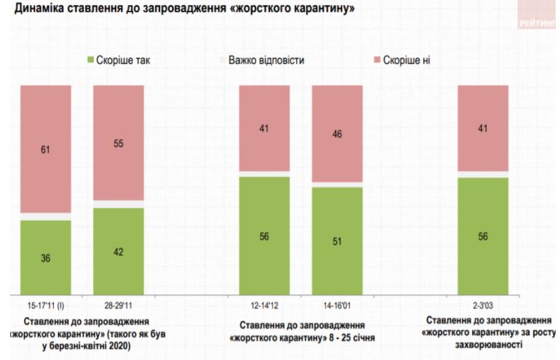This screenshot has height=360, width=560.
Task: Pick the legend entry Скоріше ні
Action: [400, 60]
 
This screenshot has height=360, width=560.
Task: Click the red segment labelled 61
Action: [45, 149]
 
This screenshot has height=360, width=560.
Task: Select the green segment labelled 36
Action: [45, 257]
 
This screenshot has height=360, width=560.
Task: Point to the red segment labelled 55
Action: [119, 143]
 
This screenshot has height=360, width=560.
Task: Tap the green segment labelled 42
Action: [119, 252]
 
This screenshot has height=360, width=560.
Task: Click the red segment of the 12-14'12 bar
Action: [264, 128]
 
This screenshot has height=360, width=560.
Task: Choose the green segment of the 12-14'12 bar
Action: [264, 236]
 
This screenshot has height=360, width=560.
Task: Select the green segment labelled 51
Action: [337, 241]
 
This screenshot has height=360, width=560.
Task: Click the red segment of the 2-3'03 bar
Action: [482, 128]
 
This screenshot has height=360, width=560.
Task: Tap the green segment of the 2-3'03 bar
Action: [482, 236]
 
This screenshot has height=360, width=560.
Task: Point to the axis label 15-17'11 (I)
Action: [45, 306]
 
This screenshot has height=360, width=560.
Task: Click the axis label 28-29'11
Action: [119, 306]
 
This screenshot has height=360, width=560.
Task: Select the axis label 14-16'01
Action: [337, 306]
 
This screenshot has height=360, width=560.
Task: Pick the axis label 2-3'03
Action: [482, 306]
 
